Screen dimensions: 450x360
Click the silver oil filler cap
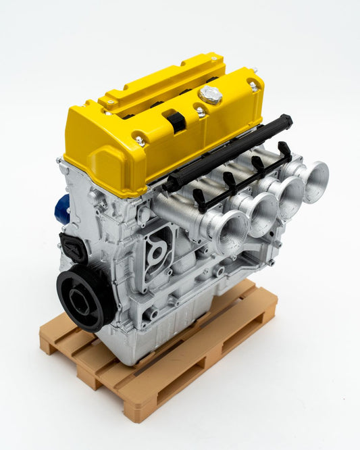click(x=210, y=95)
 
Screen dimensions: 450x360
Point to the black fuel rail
click(x=230, y=152)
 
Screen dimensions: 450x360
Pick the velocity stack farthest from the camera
click(x=314, y=180)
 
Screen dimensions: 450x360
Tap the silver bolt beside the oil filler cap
click(x=201, y=112)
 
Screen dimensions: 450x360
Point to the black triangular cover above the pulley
click(x=72, y=247)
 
